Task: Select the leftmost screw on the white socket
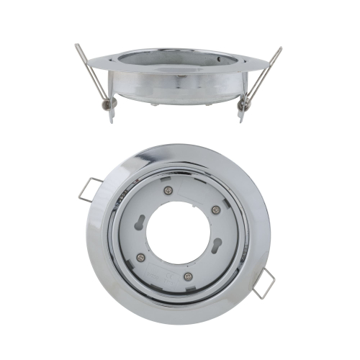tap(140, 257)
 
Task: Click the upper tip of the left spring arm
tap(77, 48)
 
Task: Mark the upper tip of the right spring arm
tap(280, 49)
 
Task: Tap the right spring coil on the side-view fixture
tap(246, 105)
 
